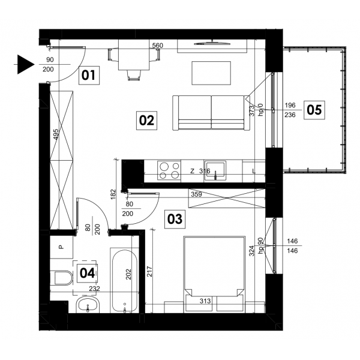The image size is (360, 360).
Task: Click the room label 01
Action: [x=89, y=76]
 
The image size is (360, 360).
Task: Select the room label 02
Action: [x=147, y=121]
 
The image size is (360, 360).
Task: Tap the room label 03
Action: [x=175, y=219]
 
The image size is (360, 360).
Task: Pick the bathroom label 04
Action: [x=87, y=274]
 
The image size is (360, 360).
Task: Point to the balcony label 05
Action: [x=314, y=110]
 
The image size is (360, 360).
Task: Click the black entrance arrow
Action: [x=26, y=65]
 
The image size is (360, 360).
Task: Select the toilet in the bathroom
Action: [x=61, y=278]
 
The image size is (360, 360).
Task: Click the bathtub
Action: [x=125, y=281]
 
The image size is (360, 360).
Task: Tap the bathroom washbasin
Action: [x=88, y=305]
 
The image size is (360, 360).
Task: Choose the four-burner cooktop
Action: [x=169, y=170]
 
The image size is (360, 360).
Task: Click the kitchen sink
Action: [x=215, y=170]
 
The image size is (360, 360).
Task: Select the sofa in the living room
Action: [x=211, y=113]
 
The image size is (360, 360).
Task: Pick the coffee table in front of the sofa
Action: [x=211, y=73]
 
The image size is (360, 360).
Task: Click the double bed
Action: [x=214, y=274]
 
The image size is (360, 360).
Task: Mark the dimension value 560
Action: [x=157, y=46]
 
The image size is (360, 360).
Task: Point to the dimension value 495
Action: [x=56, y=134]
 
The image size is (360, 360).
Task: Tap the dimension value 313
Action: [x=205, y=301]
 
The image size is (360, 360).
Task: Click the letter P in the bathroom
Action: [x=61, y=247]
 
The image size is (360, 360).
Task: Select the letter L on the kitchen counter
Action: [x=254, y=171]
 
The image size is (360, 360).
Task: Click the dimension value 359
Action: [x=197, y=194]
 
